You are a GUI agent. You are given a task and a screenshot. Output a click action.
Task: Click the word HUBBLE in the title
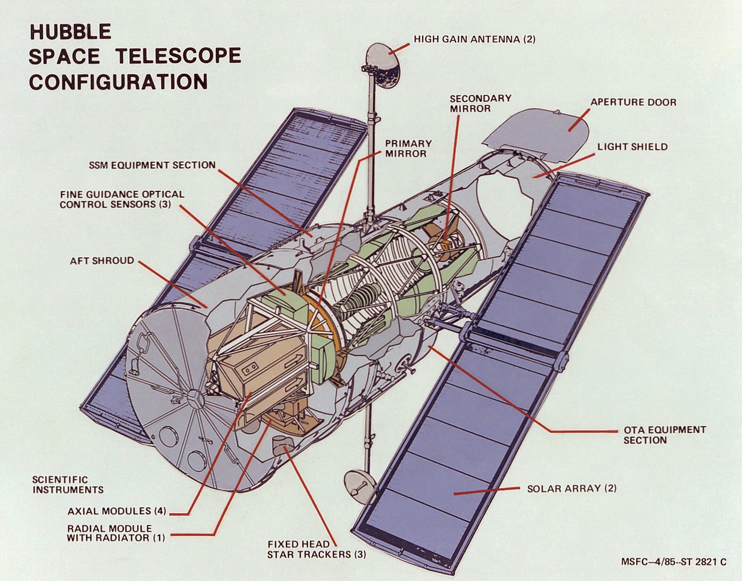pos(70,31)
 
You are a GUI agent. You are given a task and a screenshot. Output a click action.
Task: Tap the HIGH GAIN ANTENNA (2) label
pos(475,39)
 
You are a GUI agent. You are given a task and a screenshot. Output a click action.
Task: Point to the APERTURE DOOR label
pos(633,102)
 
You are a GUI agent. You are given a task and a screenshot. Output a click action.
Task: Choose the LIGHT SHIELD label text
pos(632,147)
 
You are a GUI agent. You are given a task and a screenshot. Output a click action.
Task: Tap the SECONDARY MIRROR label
pos(480,103)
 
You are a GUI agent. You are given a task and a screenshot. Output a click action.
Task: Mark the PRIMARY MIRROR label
pos(409,149)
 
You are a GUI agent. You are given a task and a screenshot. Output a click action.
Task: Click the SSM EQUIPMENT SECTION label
pos(152,165)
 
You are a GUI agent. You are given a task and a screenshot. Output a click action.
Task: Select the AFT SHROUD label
pos(102,261)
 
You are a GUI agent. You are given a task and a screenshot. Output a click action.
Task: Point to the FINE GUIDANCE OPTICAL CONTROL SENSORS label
pos(122,199)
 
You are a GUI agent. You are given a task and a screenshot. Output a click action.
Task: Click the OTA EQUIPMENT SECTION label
pos(665,435)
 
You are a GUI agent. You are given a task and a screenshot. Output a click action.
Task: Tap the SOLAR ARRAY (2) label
pos(572,489)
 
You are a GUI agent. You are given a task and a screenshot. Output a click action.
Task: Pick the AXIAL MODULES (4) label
pos(117,511)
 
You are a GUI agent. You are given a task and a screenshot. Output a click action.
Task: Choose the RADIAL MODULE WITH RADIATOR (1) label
pos(116,533)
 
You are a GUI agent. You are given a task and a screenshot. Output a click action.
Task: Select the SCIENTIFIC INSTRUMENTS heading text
pos(68,485)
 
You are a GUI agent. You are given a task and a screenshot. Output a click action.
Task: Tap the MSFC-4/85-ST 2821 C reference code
pos(674,562)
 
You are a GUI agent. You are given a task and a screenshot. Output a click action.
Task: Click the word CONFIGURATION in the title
pos(119,82)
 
